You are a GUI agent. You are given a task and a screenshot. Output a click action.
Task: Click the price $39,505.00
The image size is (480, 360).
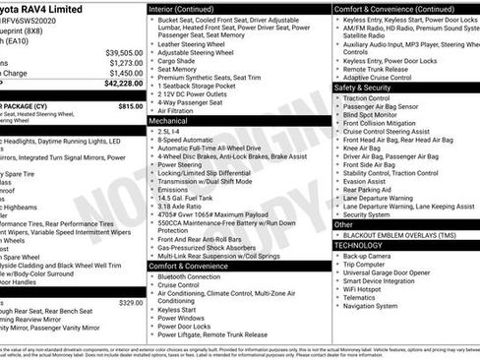pos(124,52)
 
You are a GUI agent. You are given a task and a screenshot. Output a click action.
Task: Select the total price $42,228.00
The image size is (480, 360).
pos(124,85)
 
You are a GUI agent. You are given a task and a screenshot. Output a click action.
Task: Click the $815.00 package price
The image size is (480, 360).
pos(131,106)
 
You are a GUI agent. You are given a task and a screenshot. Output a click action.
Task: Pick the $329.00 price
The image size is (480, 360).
pos(131,303)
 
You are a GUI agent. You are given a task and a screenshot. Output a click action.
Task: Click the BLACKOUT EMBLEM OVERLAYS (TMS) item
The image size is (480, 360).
pos(404,235)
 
